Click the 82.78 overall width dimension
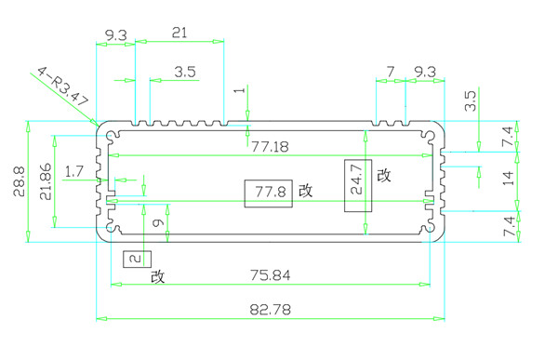click(x=270, y=309)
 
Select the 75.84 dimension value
click(x=270, y=275)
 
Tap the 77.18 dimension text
click(x=270, y=147)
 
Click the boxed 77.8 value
click(x=271, y=193)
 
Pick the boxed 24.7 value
click(x=357, y=180)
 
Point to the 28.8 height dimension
click(x=20, y=181)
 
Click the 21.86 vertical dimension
click(x=46, y=181)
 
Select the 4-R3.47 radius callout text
click(x=62, y=87)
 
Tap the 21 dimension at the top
click(x=179, y=33)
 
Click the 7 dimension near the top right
click(x=391, y=72)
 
